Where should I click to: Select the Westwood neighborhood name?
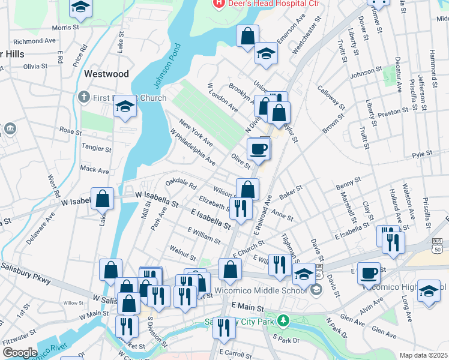coord(107,74)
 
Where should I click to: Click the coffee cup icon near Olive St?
coord(259,149)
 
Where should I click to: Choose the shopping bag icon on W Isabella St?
coord(103,199)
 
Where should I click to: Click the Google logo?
coord(20,353)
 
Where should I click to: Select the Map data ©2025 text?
coord(423,355)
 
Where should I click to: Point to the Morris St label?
coord(65,28)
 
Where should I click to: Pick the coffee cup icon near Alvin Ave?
coord(369,273)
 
